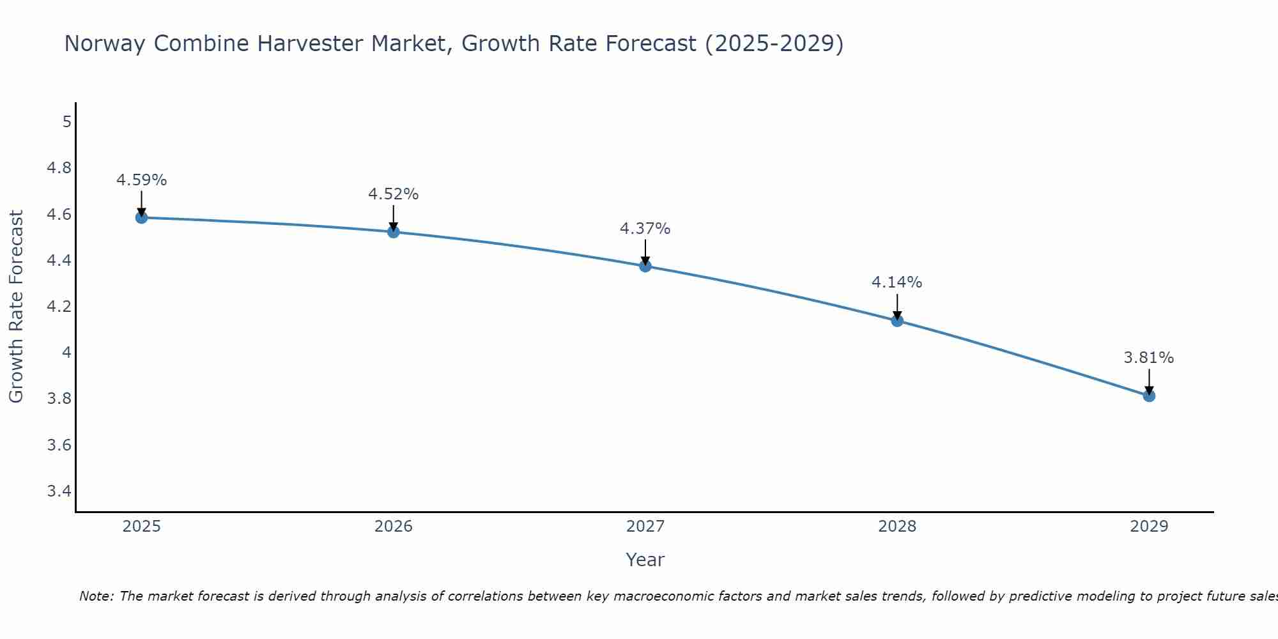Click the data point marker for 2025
click(x=141, y=217)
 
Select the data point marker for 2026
click(x=393, y=231)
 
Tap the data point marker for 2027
click(x=645, y=266)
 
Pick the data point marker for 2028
click(x=897, y=320)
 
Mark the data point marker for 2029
click(x=1149, y=396)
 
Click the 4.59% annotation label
click(x=141, y=180)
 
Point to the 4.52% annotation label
click(x=393, y=194)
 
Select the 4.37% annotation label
click(x=645, y=229)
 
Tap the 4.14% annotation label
click(x=897, y=282)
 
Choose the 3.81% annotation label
click(x=1149, y=358)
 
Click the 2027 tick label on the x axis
click(x=645, y=527)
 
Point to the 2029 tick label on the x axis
click(x=1149, y=527)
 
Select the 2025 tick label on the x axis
click(x=141, y=527)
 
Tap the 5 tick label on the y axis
click(x=66, y=121)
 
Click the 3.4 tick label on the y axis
click(x=59, y=491)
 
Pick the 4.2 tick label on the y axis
click(x=59, y=307)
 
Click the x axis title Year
click(x=645, y=560)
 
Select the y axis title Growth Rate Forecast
click(x=16, y=307)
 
